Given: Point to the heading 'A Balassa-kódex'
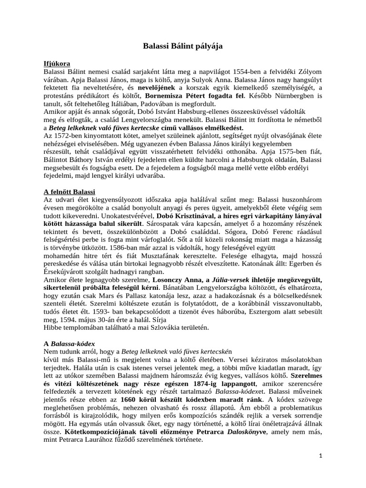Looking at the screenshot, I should click(69, 344).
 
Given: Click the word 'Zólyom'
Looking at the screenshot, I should click(308, 71).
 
